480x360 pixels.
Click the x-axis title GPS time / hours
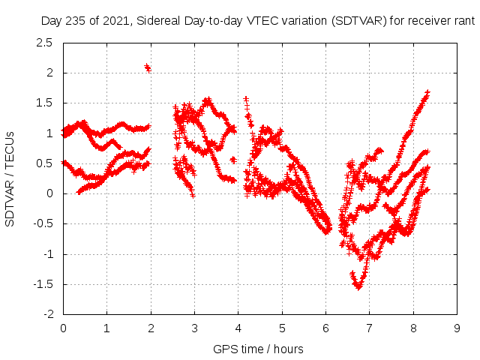click(x=258, y=349)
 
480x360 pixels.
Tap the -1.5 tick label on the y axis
click(x=42, y=284)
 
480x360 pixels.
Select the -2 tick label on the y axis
click(x=47, y=314)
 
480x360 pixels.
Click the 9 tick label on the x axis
click(x=457, y=328)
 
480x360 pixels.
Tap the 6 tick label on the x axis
click(x=325, y=328)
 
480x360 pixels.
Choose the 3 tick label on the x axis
click(x=194, y=328)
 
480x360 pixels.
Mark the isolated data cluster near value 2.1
click(x=148, y=68)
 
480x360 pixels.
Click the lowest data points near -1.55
click(x=358, y=286)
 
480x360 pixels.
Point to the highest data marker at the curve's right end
click(x=427, y=92)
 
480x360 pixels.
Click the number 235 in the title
click(x=76, y=22)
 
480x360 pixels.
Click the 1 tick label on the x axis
click(x=106, y=328)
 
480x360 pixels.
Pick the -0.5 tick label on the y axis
click(x=42, y=223)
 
